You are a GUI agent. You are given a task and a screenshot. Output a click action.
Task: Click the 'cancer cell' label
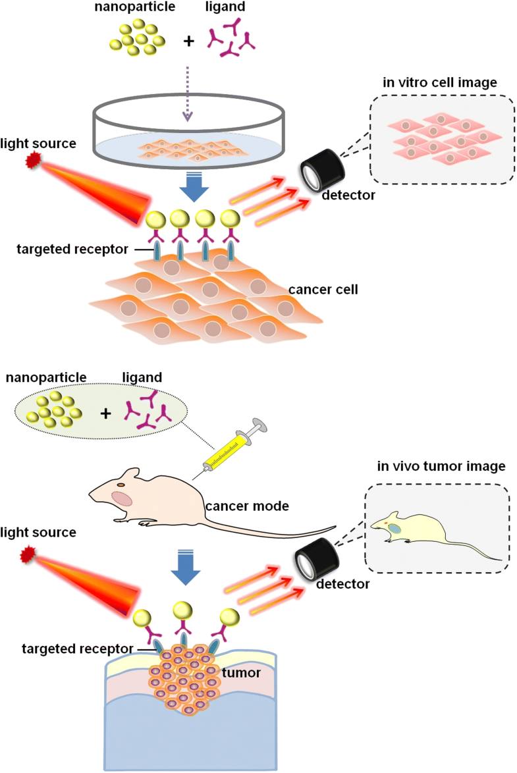(x=323, y=289)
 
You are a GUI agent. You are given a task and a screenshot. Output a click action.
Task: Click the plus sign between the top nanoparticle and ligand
(x=189, y=41)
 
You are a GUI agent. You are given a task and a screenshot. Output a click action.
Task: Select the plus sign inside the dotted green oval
(x=105, y=413)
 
